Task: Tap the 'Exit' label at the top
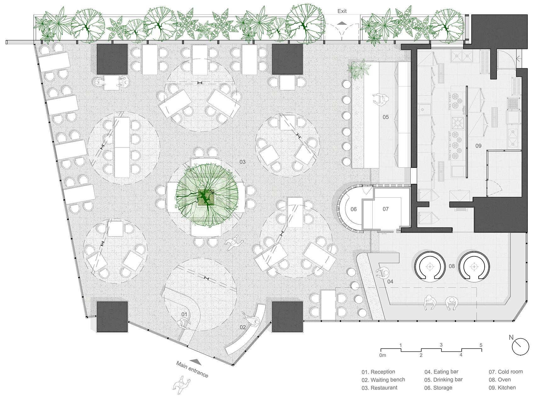[342, 11]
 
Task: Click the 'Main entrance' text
[192, 369]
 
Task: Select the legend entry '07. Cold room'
[506, 372]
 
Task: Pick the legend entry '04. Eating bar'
[441, 372]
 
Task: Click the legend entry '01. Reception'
[378, 372]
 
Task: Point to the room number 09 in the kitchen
[478, 146]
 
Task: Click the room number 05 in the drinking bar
[386, 117]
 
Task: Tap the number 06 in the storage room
[353, 209]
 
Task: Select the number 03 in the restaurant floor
[242, 162]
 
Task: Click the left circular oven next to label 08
[430, 266]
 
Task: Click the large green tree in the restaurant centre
[206, 195]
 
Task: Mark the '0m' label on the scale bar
[382, 356]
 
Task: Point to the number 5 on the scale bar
[481, 345]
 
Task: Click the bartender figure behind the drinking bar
[380, 100]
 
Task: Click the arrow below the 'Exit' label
[342, 23]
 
